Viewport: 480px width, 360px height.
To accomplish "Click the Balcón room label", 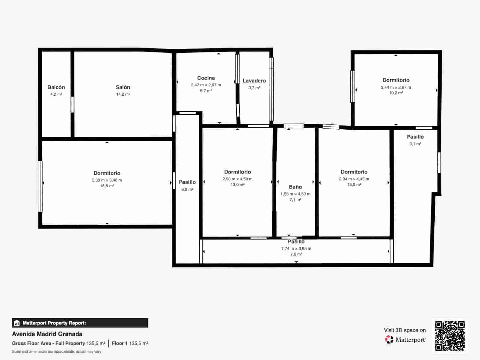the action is (56, 87).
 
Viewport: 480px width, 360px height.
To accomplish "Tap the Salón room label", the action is (123, 87).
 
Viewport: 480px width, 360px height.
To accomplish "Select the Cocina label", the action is (206, 78).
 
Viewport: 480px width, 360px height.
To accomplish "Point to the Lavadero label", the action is (254, 81).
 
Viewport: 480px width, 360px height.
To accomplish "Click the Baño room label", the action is (295, 187).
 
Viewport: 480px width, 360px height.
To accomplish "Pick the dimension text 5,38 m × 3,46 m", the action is (107, 180).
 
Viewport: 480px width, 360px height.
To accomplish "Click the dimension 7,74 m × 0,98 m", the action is (296, 248).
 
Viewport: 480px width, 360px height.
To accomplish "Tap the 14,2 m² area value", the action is (123, 94).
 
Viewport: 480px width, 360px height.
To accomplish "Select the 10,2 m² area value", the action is (396, 93).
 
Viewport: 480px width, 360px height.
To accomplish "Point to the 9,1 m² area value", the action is (415, 144).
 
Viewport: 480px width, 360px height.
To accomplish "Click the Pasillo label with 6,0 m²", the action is (187, 182).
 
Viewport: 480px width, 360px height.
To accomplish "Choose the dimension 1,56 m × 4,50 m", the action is (295, 194).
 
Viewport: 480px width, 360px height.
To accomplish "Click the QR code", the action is (450, 336).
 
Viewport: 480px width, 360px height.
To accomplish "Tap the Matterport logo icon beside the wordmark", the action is (389, 340).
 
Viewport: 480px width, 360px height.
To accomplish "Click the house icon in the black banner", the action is (17, 323).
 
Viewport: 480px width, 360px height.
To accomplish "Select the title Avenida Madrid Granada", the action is (47, 334).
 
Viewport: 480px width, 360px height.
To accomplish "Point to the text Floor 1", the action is (120, 343).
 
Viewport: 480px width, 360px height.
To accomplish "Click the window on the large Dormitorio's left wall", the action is (40, 186).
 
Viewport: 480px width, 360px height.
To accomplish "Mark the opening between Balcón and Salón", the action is (72, 105).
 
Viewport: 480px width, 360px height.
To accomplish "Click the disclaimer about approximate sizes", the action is (56, 352).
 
